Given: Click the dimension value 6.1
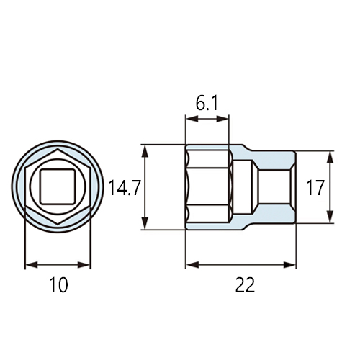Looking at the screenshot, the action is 207,104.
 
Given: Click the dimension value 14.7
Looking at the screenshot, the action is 124,187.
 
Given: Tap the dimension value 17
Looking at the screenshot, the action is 315,187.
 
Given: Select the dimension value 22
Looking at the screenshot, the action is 245,285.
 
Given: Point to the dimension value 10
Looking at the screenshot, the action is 58,285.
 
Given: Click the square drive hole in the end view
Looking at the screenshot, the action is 58,186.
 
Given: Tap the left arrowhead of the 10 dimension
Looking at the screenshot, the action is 32,265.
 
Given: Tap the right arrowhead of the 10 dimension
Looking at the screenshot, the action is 84,265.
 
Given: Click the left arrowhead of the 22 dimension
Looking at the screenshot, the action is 192,265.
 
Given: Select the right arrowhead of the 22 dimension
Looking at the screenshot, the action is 289,265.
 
